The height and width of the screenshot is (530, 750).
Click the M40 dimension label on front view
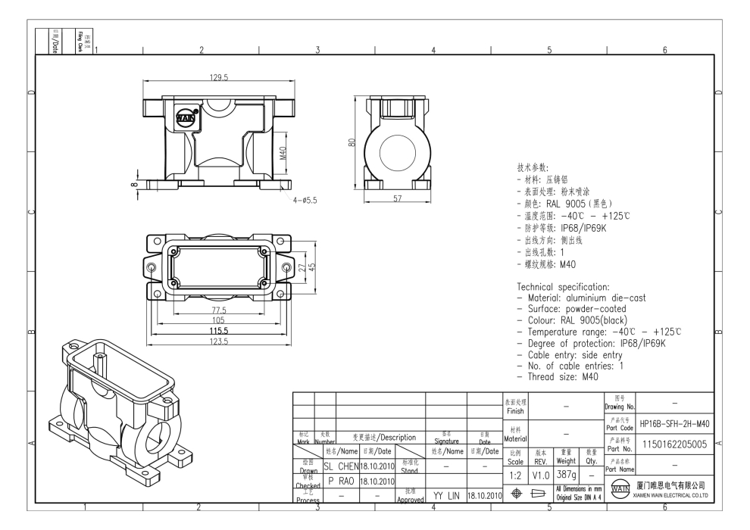282,154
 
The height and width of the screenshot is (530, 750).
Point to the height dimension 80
352,142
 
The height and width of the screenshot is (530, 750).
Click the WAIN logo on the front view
186,117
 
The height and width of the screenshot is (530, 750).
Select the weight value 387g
568,472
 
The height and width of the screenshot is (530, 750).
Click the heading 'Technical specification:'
563,288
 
